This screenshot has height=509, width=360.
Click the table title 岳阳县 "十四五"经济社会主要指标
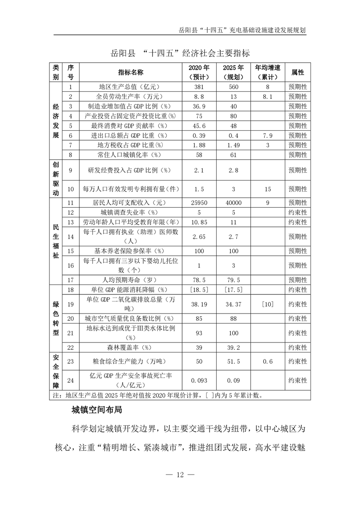coord(180,53)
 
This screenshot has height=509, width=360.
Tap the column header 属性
coord(297,72)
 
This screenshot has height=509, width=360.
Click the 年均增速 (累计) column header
coord(268,72)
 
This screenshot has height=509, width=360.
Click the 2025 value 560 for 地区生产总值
coord(234,86)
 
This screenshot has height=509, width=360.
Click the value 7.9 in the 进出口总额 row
coord(268,136)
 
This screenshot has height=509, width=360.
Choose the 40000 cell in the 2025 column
coord(234,203)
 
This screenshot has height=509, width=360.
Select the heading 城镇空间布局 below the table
coord(97,411)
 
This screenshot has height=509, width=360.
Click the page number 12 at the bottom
coord(180,475)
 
